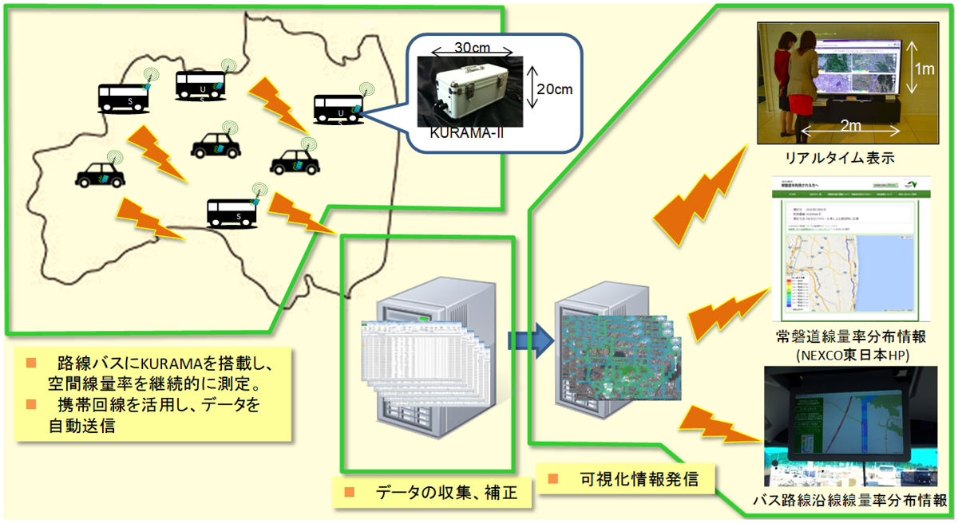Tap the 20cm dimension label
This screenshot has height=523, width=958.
[553, 89]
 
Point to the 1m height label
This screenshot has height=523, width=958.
[924, 70]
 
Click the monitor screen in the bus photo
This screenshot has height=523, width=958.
[854, 423]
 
